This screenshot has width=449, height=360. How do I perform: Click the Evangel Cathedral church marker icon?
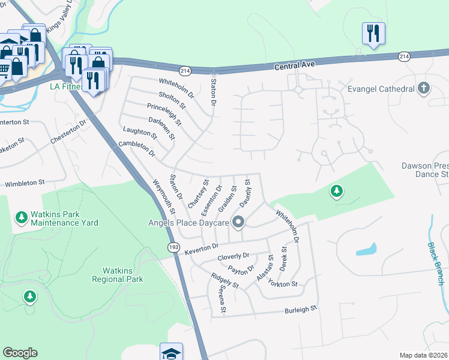[424, 89]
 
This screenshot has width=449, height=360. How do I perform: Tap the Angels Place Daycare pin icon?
[238, 222]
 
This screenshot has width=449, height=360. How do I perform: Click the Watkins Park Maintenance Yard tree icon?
[22, 216]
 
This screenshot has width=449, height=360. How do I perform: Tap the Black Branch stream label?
[436, 263]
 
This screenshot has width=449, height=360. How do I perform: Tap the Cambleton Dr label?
[137, 149]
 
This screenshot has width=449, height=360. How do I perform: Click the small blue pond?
[366, 249]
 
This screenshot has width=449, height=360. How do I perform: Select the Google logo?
[20, 353]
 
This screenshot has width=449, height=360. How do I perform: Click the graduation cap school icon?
[171, 352]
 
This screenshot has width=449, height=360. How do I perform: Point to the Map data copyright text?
[424, 355]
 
